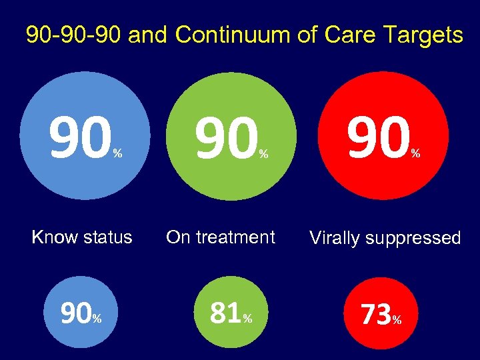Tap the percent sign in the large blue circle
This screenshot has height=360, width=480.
coord(117,154)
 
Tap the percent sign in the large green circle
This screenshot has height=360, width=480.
coord(264,154)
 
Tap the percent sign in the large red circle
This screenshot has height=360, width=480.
coord(415,153)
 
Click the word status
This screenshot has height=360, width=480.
coord(104,237)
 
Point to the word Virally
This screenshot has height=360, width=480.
coord(335,238)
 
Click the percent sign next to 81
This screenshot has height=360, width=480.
coord(247,319)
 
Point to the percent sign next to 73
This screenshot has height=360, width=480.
coord(397,321)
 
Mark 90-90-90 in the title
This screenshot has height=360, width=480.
coord(73,35)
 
